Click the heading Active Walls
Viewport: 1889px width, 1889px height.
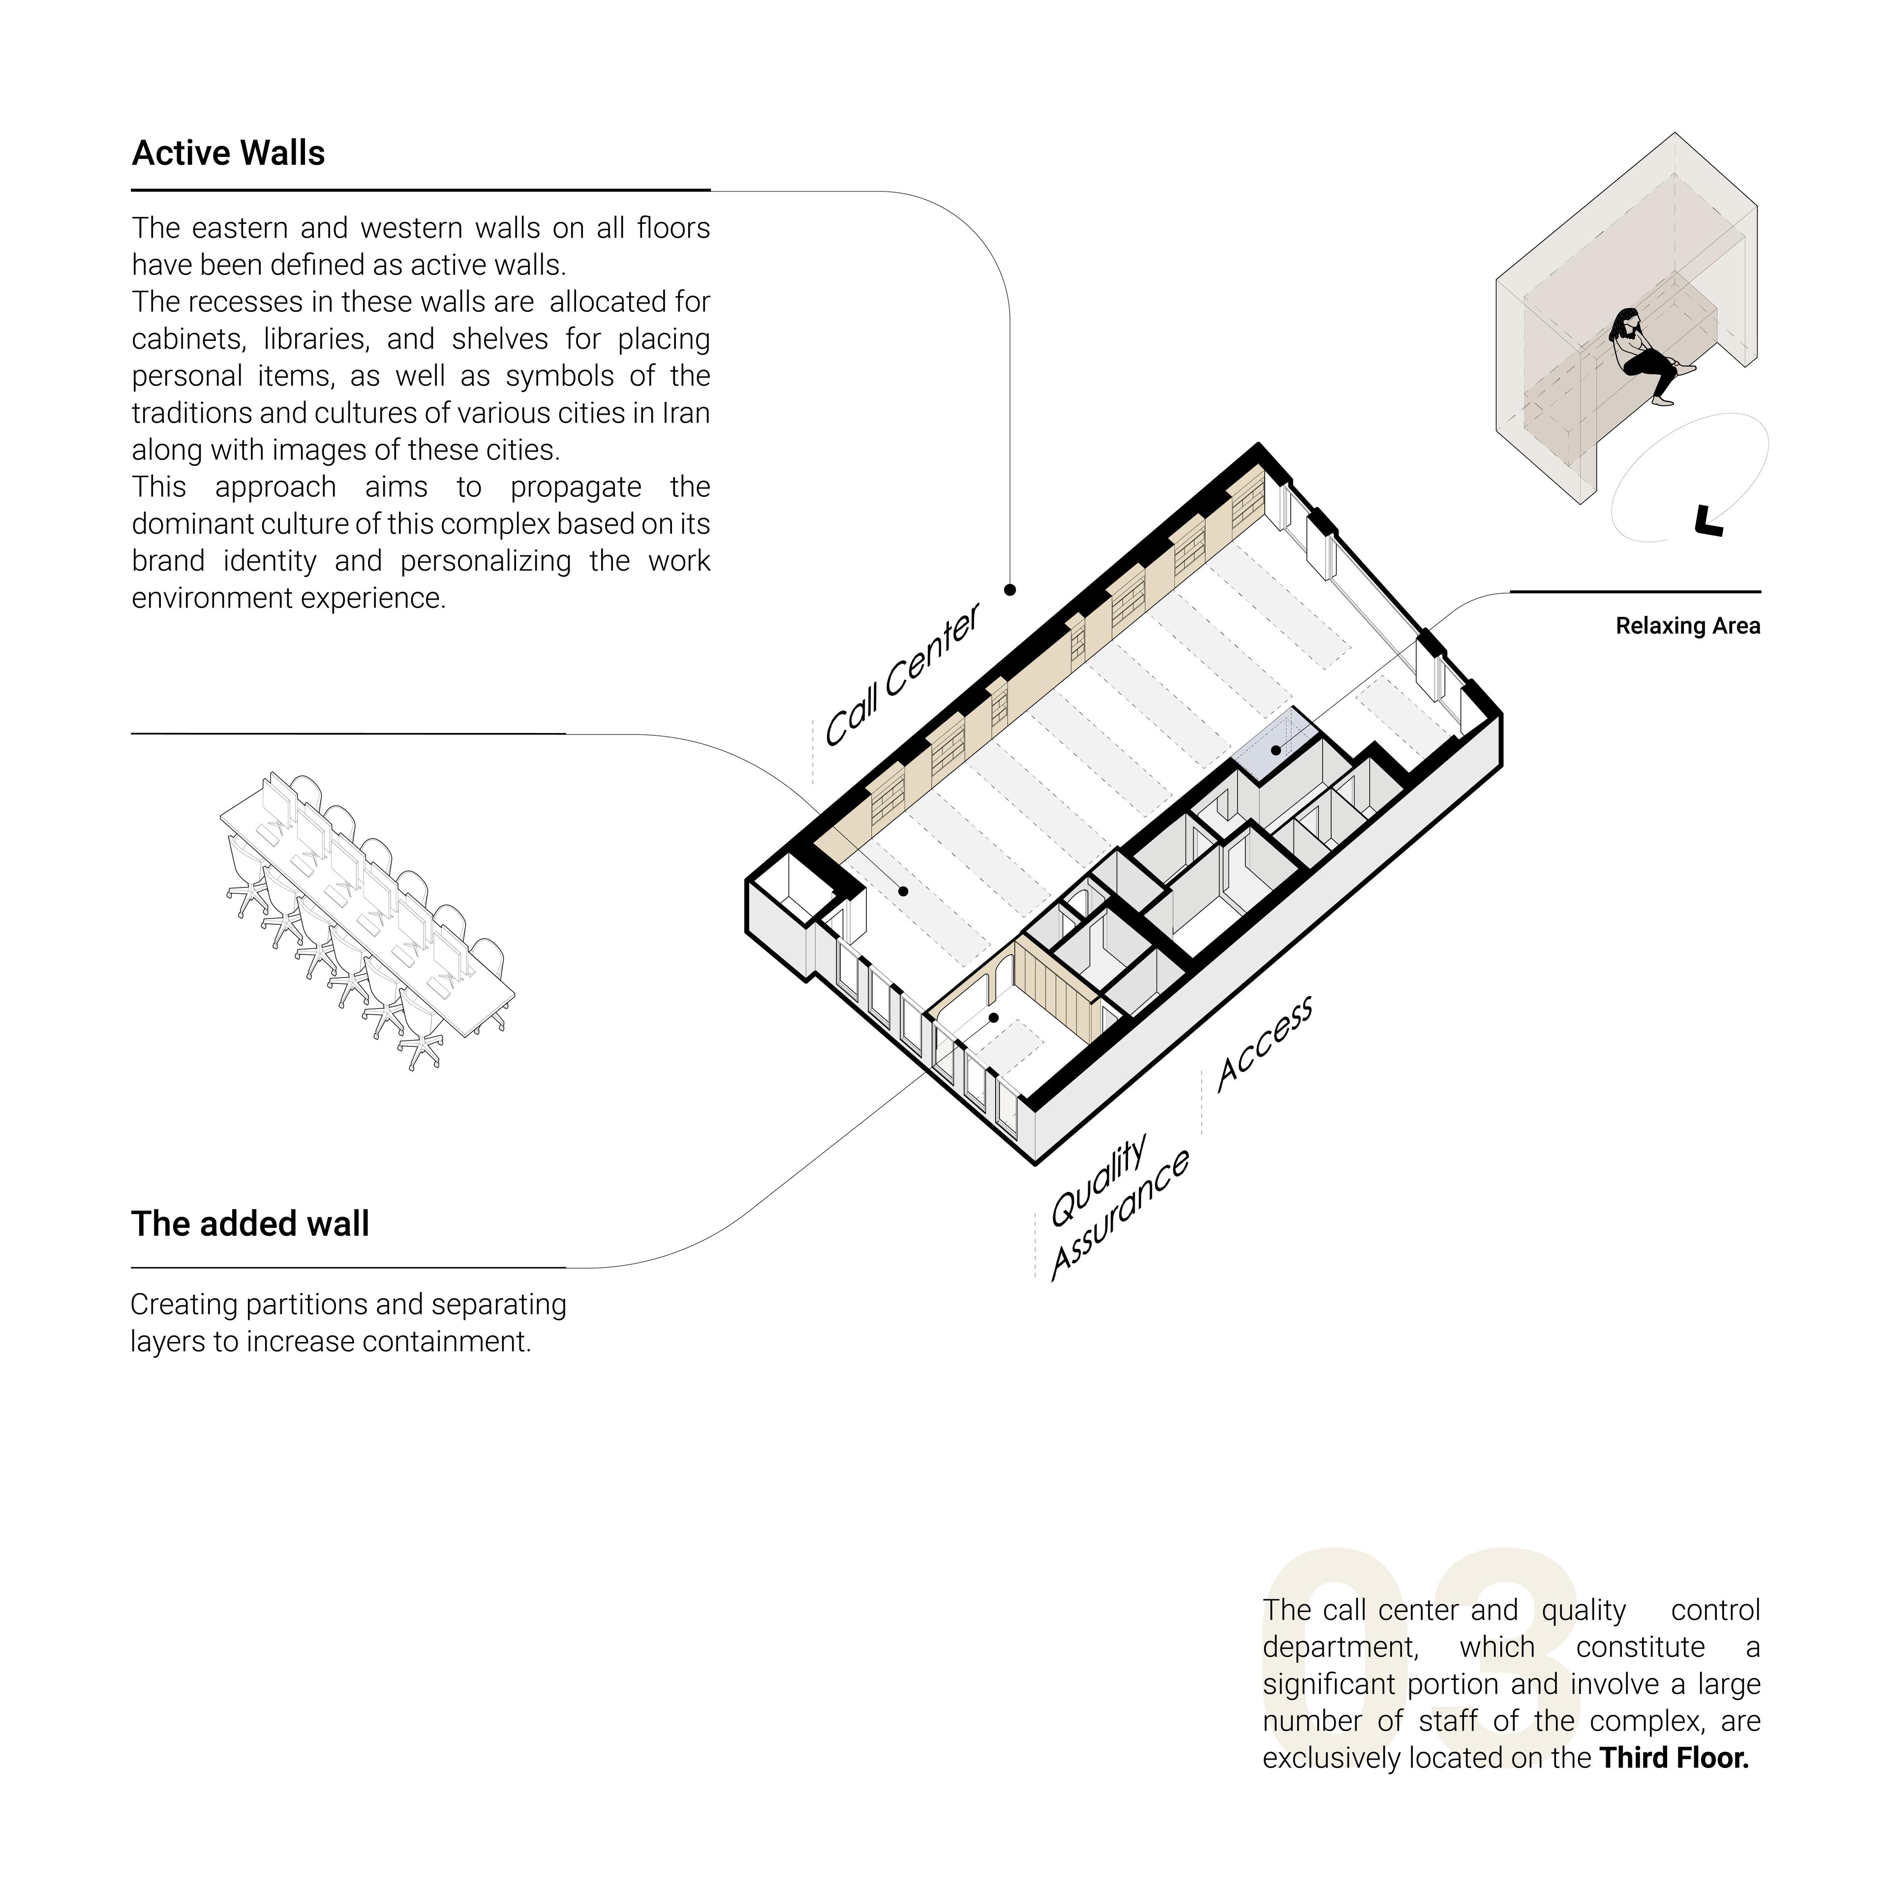pos(228,153)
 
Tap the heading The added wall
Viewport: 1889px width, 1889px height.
pos(250,1224)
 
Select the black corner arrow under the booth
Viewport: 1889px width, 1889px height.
pos(1707,521)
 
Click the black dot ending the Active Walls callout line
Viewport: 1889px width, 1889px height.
pos(1010,590)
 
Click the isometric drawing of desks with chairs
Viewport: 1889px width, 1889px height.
pos(366,919)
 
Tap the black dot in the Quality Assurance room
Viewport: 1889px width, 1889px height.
pos(993,1018)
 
